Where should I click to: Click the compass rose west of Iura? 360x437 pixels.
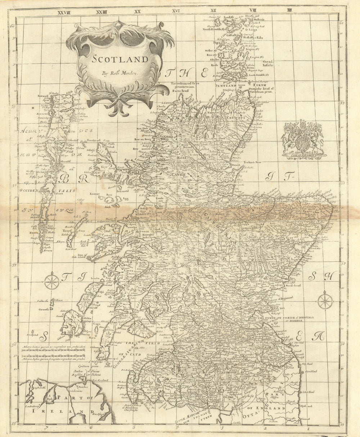pos(52,281)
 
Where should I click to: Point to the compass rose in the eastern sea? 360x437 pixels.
pos(325,300)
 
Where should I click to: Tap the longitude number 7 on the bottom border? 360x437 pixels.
pos(46,428)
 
